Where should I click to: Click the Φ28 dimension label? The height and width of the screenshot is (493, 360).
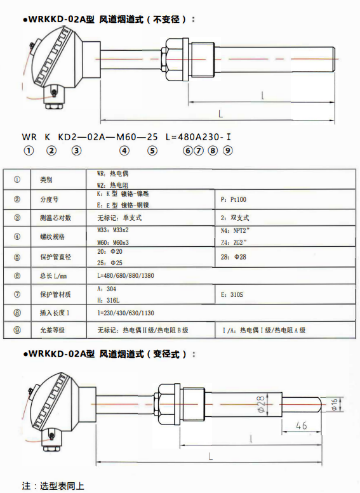pos(261,404)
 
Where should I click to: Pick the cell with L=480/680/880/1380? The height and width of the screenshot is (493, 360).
pos(126,276)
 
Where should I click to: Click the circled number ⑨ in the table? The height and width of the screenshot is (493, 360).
pos(17,331)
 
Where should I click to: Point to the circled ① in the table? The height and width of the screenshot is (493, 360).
pos(17,179)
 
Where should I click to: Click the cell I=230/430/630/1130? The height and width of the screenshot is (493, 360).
pos(126,313)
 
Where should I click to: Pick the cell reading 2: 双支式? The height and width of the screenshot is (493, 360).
pos(234,218)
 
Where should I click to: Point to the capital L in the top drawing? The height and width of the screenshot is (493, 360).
pos(220,114)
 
